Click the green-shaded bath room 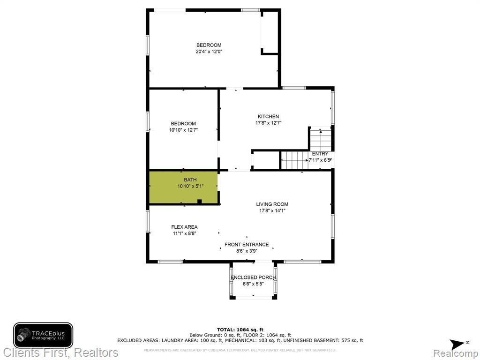[x=183, y=187]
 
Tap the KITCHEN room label [x=268, y=116]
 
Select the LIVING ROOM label [x=272, y=204]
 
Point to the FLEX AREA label [x=184, y=227]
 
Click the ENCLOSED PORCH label [x=253, y=277]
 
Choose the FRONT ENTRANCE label [x=247, y=245]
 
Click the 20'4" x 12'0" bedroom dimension [x=209, y=52]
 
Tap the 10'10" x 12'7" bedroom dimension [x=183, y=130]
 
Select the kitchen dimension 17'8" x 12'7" [x=268, y=123]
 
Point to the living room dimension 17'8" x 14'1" [x=272, y=210]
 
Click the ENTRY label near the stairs [x=320, y=154]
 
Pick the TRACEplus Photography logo [x=43, y=336]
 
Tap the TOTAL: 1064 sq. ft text [x=240, y=330]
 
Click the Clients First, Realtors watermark [x=60, y=352]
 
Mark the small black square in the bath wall [x=200, y=202]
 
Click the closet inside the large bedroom [x=269, y=32]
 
